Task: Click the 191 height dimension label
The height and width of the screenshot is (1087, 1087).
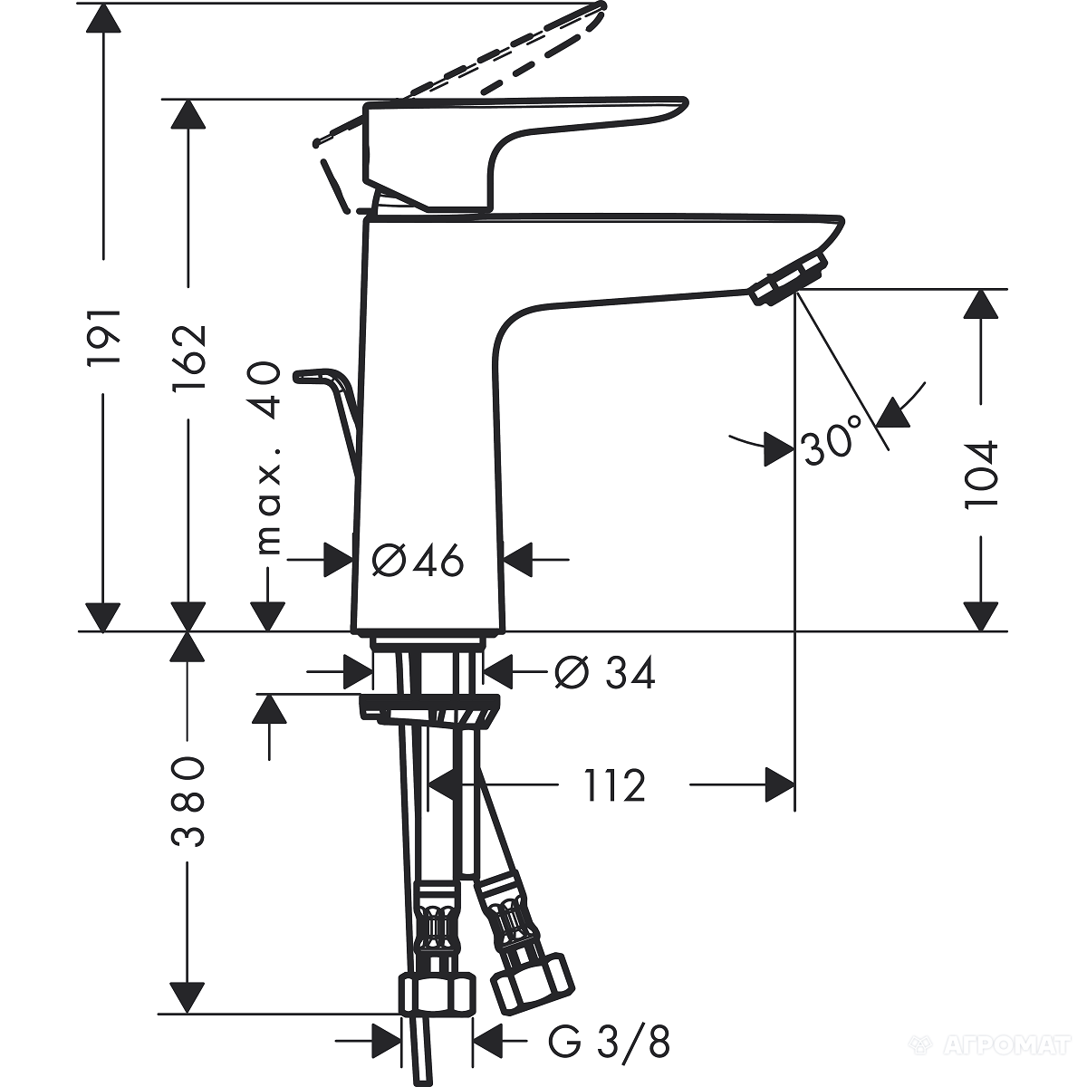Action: tap(104, 336)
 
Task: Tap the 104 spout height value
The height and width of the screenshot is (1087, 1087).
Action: tap(981, 475)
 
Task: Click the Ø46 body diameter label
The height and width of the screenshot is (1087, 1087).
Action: tap(418, 561)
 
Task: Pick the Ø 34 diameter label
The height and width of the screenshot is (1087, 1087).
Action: tap(605, 672)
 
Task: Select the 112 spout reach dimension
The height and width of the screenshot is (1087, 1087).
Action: tap(615, 785)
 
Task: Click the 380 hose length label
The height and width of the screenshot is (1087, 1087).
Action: tap(188, 802)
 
